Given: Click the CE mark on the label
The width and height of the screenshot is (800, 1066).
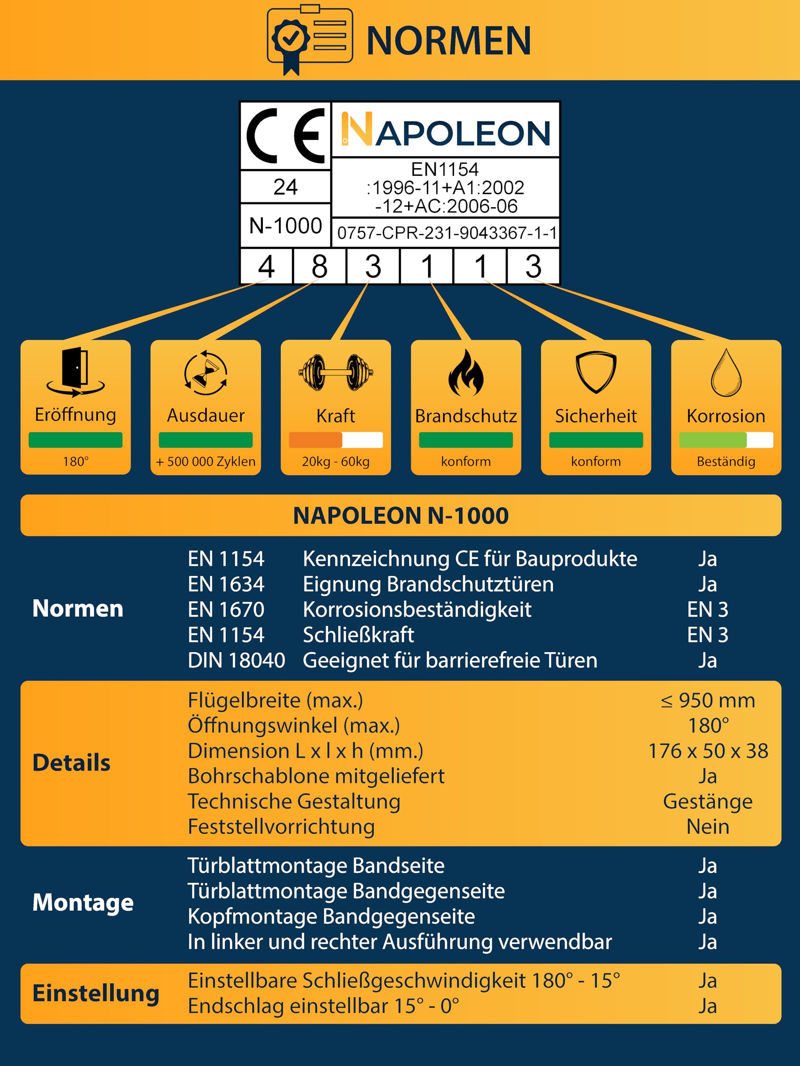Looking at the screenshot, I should (x=285, y=135).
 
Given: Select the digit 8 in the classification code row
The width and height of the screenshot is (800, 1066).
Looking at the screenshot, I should (x=319, y=266).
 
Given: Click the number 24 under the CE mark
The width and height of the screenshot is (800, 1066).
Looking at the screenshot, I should (x=285, y=187).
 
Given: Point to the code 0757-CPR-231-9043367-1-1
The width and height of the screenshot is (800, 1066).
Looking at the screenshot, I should (x=446, y=233).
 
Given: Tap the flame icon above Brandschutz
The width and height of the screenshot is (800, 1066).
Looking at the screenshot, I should (x=466, y=373).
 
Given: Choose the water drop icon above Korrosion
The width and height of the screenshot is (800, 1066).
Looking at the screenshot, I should (x=726, y=373).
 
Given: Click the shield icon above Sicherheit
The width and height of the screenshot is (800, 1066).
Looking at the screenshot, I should (x=596, y=373).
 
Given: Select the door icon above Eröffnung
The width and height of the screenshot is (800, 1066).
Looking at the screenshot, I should (x=76, y=371).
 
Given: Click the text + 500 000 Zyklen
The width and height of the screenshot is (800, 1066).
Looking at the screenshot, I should (x=206, y=462).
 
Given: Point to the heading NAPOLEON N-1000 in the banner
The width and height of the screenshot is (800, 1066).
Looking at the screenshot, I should (x=401, y=516).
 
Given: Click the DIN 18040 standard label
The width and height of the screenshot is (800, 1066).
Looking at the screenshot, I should (x=236, y=660).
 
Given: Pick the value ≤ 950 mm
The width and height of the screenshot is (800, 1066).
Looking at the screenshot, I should (x=708, y=701).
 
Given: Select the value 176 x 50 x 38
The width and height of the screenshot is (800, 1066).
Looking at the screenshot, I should (x=708, y=751).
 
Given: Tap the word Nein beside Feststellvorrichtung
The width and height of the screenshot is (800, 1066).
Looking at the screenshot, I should (x=708, y=827).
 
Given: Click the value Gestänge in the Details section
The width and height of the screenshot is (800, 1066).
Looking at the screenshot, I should (x=708, y=802).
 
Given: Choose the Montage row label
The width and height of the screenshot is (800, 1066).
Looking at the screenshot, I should (x=83, y=902).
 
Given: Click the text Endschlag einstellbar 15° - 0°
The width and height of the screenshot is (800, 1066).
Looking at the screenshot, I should (x=323, y=1006).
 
